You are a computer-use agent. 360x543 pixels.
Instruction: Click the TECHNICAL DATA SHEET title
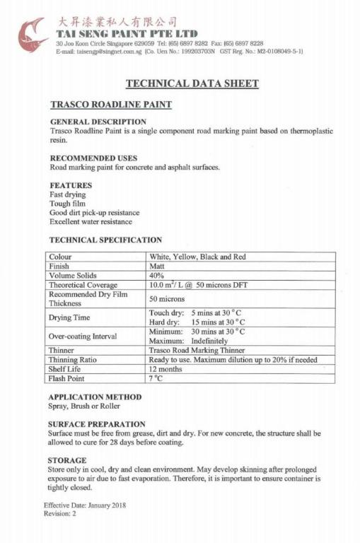(x=192, y=83)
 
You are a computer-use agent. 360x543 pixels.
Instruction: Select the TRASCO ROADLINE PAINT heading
(x=111, y=105)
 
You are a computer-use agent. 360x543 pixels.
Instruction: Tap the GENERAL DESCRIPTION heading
(x=98, y=122)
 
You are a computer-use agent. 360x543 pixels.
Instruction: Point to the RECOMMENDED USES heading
(x=93, y=158)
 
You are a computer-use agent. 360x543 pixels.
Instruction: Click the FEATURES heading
(x=71, y=185)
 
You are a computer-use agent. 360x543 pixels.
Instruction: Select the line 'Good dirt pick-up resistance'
(x=94, y=212)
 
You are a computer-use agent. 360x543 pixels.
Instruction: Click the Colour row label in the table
(x=61, y=257)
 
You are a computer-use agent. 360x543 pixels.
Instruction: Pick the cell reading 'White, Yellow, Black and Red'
(x=197, y=257)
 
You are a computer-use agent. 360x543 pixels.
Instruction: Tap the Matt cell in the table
(x=157, y=267)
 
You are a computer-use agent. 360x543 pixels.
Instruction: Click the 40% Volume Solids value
(x=157, y=276)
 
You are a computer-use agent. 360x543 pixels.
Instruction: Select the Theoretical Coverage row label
(x=83, y=285)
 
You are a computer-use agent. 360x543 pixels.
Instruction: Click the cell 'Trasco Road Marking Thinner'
(x=197, y=350)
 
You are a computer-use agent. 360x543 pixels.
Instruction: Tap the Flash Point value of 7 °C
(x=157, y=378)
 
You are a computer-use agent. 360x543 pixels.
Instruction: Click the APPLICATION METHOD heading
(x=95, y=397)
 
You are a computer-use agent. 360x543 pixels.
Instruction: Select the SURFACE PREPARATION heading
(x=95, y=424)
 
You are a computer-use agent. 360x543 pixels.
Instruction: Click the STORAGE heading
(x=67, y=460)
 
